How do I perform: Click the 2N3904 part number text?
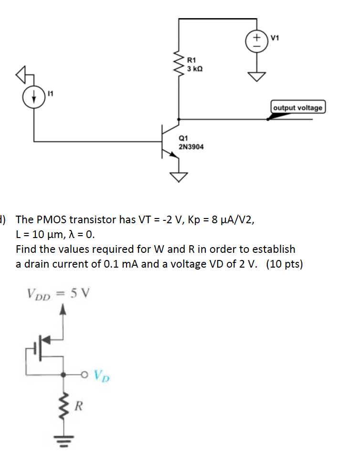(x=191, y=147)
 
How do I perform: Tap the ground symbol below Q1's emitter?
(x=179, y=177)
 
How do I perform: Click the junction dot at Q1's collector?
(x=179, y=119)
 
